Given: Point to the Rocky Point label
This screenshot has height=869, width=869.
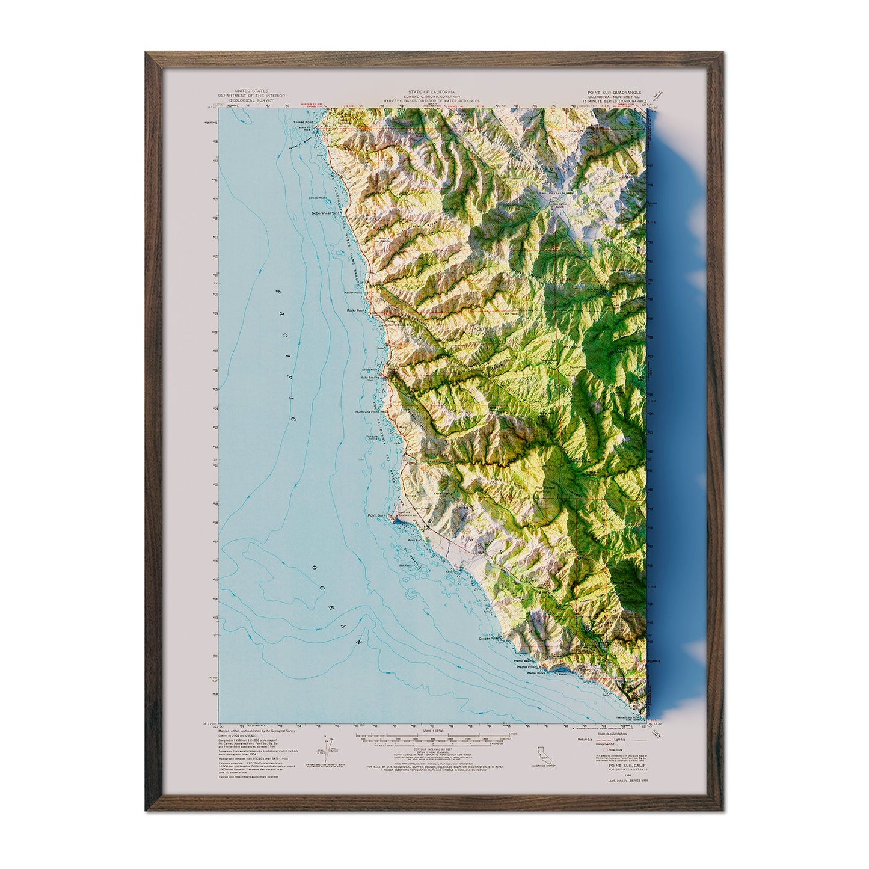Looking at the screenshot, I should tap(355, 310).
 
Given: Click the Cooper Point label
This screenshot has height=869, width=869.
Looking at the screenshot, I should tap(489, 639).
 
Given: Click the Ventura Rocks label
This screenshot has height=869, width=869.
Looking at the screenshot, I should tap(374, 438).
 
